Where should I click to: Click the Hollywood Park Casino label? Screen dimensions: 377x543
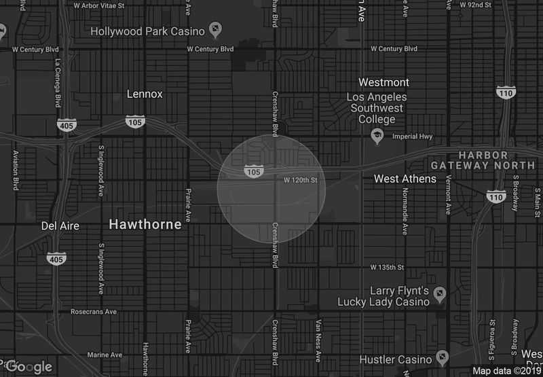click(x=149, y=31)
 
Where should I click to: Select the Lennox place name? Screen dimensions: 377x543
click(x=145, y=94)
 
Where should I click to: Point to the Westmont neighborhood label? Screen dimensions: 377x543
click(x=383, y=82)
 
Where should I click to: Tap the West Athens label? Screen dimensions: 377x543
click(x=405, y=179)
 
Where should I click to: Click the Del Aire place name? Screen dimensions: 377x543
click(x=60, y=226)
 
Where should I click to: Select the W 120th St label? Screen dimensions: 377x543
click(x=301, y=180)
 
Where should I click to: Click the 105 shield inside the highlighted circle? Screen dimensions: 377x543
click(x=253, y=172)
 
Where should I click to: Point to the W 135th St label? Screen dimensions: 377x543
click(x=387, y=267)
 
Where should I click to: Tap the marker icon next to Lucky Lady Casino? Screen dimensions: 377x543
click(x=440, y=295)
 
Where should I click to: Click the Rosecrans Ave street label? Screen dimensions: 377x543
click(x=94, y=312)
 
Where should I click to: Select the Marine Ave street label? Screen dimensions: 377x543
click(x=104, y=355)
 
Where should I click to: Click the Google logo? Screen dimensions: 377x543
click(x=30, y=367)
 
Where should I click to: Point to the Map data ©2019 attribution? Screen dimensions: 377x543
click(x=506, y=371)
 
